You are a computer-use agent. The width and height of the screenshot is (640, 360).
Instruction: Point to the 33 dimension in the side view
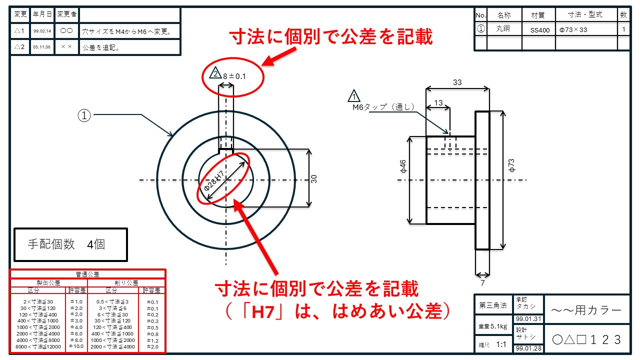pyautogui.click(x=457, y=82)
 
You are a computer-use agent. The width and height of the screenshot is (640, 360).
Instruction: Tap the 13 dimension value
pyautogui.click(x=438, y=103)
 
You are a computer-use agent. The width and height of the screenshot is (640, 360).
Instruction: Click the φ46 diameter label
pyautogui.click(x=403, y=167)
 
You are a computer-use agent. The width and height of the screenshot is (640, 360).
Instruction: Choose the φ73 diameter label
pyautogui.click(x=511, y=166)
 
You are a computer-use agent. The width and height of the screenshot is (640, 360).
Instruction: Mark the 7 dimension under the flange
pyautogui.click(x=482, y=283)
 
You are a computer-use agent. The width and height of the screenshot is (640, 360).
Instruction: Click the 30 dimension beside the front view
pyautogui.click(x=314, y=178)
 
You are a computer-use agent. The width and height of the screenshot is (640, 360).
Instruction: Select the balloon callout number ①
pyautogui.click(x=84, y=115)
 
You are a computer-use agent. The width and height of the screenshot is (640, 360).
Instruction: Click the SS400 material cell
pyautogui.click(x=540, y=30)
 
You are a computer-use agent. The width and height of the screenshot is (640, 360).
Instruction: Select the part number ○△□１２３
pyautogui.click(x=587, y=339)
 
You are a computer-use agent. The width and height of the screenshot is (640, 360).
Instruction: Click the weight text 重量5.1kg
pyautogui.click(x=493, y=326)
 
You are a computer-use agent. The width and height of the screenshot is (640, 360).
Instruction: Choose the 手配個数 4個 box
pyautogui.click(x=70, y=244)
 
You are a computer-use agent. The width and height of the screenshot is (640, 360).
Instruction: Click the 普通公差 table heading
pyautogui.click(x=87, y=274)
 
